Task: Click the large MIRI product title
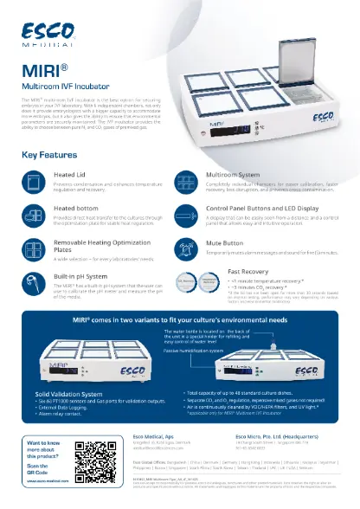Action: pyautogui.click(x=43, y=68)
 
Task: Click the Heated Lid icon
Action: pyautogui.click(x=33, y=181)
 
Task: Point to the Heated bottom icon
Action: pyautogui.click(x=33, y=213)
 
